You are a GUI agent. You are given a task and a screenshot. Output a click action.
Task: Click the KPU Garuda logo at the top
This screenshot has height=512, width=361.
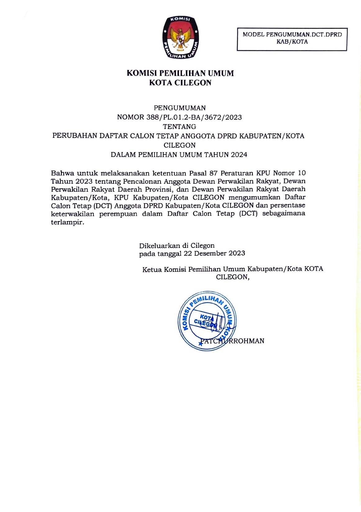(181, 37)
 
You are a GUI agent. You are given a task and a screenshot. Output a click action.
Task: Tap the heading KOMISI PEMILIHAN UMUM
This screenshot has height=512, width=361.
(180, 74)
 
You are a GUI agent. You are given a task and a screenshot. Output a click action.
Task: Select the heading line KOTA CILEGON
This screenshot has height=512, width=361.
(180, 83)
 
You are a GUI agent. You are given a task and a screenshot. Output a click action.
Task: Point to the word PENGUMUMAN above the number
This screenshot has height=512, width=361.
(180, 108)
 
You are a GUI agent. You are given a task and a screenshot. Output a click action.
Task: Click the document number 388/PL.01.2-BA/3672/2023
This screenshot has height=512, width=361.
(192, 117)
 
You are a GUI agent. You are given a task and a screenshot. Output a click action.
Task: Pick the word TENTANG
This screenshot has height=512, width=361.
(179, 127)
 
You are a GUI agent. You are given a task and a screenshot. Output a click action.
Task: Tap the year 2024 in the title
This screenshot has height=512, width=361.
(239, 155)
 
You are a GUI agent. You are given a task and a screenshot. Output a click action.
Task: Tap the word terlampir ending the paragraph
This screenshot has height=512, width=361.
(67, 222)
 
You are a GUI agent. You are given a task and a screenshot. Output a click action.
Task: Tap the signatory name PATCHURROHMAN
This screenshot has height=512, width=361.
(232, 341)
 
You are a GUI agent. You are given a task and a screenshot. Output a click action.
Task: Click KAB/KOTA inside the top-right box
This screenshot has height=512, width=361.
(292, 42)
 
